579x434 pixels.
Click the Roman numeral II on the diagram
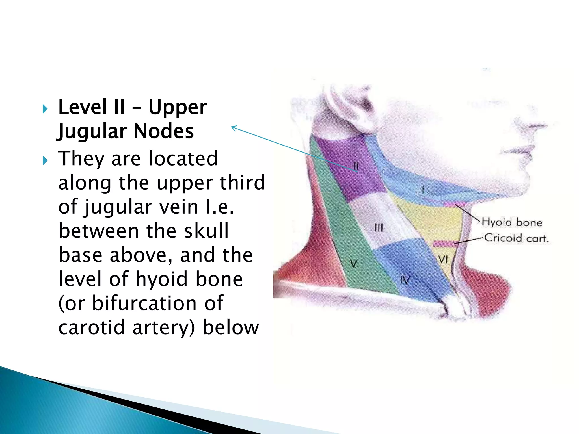click(x=356, y=166)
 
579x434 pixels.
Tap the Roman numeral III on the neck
click(x=379, y=228)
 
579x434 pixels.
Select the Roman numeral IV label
click(x=405, y=280)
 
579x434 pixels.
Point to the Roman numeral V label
click(x=353, y=264)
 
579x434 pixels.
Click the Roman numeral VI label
click(x=443, y=259)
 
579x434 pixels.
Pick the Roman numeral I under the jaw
click(x=423, y=190)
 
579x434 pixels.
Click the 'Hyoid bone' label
click(x=512, y=222)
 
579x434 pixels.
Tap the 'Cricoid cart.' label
click(x=516, y=238)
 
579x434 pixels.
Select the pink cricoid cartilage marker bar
click(x=444, y=243)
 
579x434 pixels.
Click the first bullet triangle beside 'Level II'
click(x=45, y=109)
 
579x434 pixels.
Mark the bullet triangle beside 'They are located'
click(x=45, y=160)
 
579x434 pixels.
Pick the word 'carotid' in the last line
click(x=91, y=327)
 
